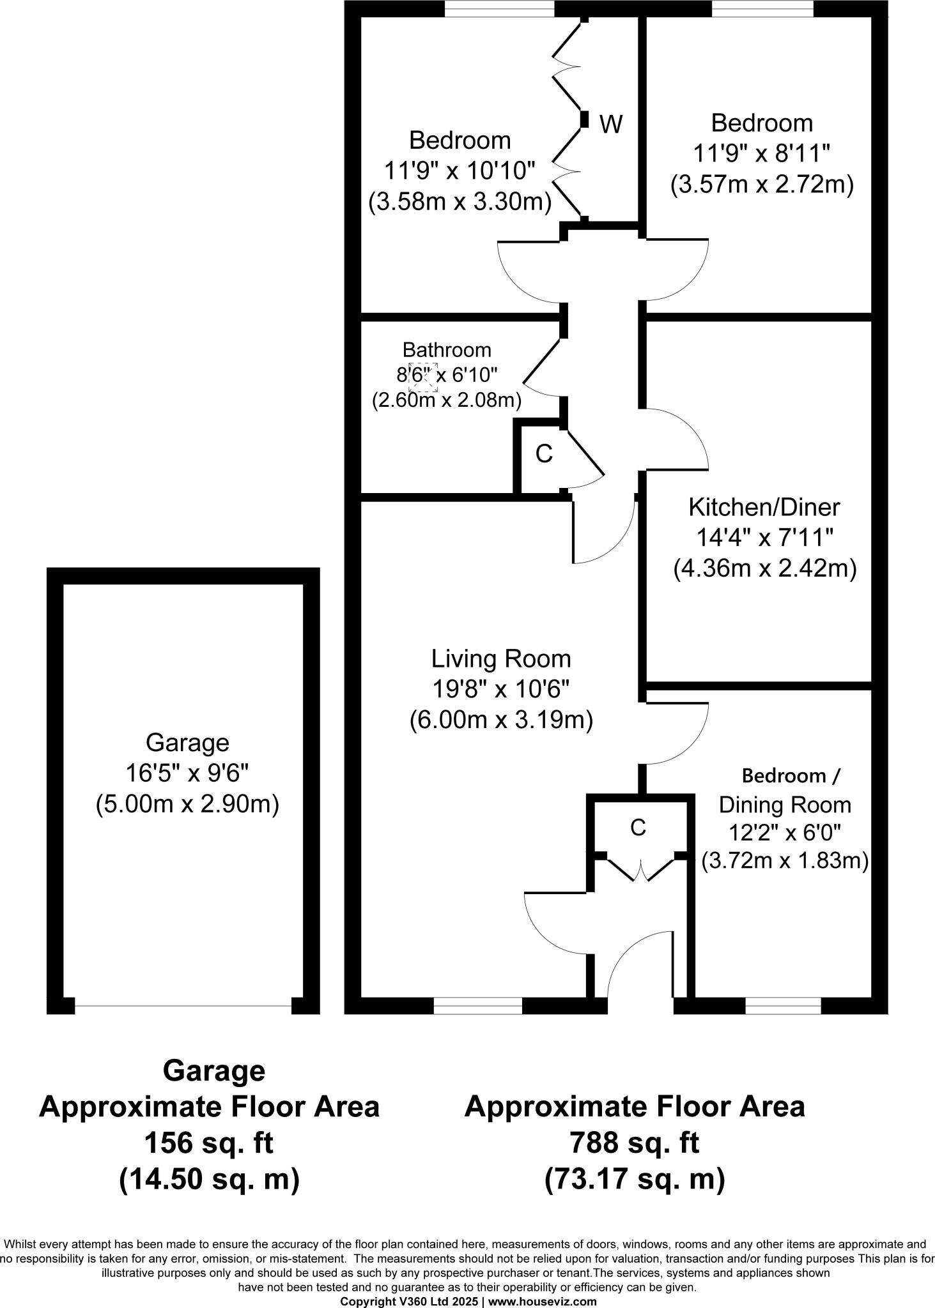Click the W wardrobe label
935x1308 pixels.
pyautogui.click(x=611, y=124)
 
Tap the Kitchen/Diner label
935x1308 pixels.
pyautogui.click(x=764, y=507)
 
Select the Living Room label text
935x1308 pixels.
pyautogui.click(x=500, y=658)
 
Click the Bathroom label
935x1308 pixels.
pyautogui.click(x=447, y=350)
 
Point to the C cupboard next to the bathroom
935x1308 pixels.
pyautogui.click(x=544, y=454)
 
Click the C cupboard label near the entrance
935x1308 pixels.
pyautogui.click(x=638, y=828)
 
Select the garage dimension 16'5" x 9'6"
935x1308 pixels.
pyautogui.click(x=187, y=773)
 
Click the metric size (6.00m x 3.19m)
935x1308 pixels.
pyautogui.click(x=501, y=720)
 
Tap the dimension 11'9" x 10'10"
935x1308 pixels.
pyautogui.click(x=459, y=171)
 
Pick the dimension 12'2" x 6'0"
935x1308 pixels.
pyautogui.click(x=784, y=833)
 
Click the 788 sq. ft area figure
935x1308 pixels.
pyautogui.click(x=634, y=1143)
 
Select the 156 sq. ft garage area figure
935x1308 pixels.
pyautogui.click(x=209, y=1143)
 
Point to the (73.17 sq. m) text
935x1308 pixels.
pyautogui.click(x=634, y=1179)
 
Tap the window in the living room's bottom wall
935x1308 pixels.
pyautogui.click(x=477, y=1006)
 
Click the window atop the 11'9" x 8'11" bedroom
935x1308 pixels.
pyautogui.click(x=762, y=8)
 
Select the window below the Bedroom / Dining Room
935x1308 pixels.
pyautogui.click(x=783, y=1006)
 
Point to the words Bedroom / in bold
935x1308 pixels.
pyautogui.click(x=791, y=776)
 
